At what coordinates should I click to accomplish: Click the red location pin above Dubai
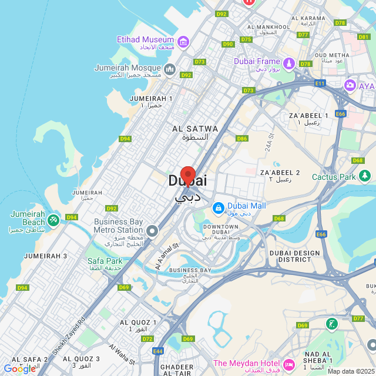coord(187,175)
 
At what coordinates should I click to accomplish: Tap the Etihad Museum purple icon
coord(183,42)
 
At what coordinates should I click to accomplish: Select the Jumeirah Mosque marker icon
coord(170,70)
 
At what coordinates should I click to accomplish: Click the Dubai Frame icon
coord(288,63)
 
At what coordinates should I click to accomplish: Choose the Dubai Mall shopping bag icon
coord(218,207)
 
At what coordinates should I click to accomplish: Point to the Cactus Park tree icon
coord(365,176)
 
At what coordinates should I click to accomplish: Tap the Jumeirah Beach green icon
coord(53,219)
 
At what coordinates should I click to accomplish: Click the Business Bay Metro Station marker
coord(152,231)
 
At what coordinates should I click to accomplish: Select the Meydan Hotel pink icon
coord(288,364)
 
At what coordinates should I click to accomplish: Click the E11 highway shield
coord(320,84)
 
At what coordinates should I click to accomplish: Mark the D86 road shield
coord(242,139)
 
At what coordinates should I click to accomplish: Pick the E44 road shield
coord(157,351)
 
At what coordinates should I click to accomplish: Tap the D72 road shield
coord(147,339)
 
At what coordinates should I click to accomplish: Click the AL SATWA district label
coord(194,129)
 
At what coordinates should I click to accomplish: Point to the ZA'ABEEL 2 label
coord(280,172)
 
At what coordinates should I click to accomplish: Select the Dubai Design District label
coord(294,256)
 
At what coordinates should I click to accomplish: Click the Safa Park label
coord(105,261)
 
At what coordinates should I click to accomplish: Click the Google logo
coord(20,368)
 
